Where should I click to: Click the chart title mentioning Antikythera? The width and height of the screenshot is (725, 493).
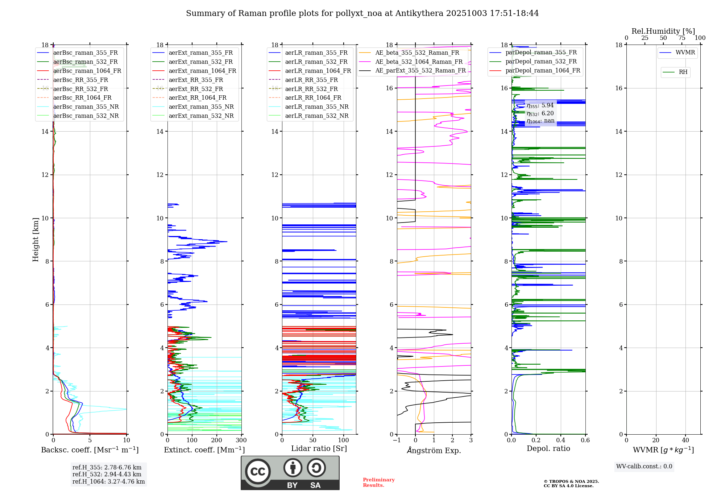point(362,13)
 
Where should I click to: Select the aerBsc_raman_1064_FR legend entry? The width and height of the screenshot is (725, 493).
point(87,71)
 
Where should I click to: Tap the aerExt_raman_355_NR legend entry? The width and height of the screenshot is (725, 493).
point(201,107)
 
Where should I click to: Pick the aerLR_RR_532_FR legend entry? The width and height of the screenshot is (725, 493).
point(311,89)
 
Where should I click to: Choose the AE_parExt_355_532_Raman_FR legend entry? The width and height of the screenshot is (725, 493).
point(420,70)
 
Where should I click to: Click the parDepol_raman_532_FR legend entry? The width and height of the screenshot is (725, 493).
point(541,62)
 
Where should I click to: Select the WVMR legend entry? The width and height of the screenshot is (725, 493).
point(685,53)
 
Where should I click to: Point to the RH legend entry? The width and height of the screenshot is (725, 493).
point(683,72)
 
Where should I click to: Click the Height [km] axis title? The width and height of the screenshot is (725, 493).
point(36,239)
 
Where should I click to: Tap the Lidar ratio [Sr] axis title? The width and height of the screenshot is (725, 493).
point(319,448)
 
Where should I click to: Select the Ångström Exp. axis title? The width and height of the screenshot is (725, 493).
point(434,450)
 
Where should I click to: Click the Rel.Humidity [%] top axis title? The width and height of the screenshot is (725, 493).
point(663,31)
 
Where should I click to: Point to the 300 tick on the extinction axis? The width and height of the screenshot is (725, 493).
point(241,440)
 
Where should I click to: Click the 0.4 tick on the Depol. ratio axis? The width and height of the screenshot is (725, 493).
point(561,440)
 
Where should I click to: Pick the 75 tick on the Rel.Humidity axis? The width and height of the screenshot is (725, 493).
point(681,38)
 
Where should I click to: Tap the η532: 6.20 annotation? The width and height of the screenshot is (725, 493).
point(540,113)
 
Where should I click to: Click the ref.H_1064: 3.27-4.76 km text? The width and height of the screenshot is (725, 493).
point(108,481)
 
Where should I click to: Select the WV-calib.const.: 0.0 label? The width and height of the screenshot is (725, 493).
point(644,467)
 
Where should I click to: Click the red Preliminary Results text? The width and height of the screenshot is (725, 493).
point(378,482)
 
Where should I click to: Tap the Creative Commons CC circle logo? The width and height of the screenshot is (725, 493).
point(258,472)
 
